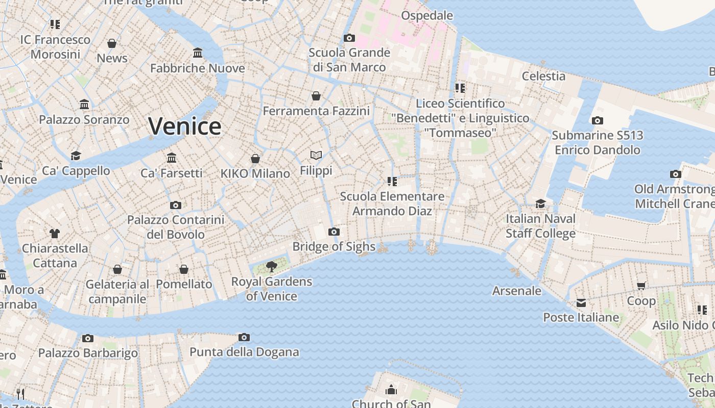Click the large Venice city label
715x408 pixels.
184,126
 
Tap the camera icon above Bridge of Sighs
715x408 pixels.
333,232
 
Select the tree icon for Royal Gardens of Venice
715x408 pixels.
272,266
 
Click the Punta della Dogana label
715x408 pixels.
244,352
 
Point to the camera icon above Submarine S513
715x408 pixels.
597,121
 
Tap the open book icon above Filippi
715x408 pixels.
316,155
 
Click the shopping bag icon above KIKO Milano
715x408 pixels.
255,159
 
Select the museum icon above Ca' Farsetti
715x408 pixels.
172,158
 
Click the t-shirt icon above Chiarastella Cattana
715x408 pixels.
55,234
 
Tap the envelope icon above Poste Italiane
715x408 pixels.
581,303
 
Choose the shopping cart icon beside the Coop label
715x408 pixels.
641,286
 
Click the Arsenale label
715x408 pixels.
516,291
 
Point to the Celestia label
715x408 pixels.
543,76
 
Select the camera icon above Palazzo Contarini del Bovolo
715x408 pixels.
176,205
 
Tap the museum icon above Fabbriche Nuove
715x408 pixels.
198,53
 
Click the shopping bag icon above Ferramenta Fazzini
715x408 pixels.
316,96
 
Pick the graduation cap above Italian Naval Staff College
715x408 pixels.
540,204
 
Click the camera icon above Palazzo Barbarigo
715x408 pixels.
88,338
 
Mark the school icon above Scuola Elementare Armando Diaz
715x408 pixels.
392,181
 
